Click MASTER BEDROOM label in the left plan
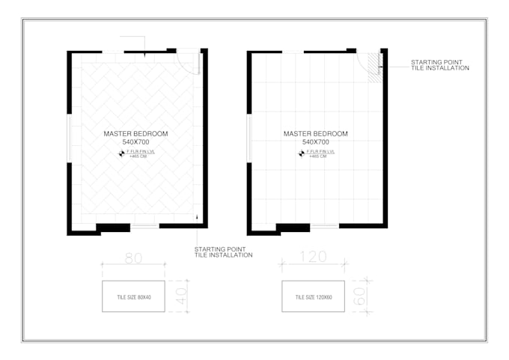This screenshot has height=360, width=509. tap(135, 133)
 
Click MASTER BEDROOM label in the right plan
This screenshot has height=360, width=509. tap(315, 134)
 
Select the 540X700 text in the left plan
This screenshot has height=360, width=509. tap(135, 141)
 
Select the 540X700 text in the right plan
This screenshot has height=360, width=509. tap(315, 141)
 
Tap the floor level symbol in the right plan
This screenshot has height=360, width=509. tap(301, 154)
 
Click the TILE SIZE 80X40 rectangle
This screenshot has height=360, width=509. tap(133, 296)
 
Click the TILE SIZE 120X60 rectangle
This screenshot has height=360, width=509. tap(313, 296)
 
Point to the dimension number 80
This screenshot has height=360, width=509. tap(132, 258)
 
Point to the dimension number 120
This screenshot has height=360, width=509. tap(312, 257)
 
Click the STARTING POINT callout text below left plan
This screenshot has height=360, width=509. tap(223, 252)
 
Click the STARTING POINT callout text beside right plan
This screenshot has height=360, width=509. tap(439, 65)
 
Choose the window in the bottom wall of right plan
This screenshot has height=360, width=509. tap(324, 225)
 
